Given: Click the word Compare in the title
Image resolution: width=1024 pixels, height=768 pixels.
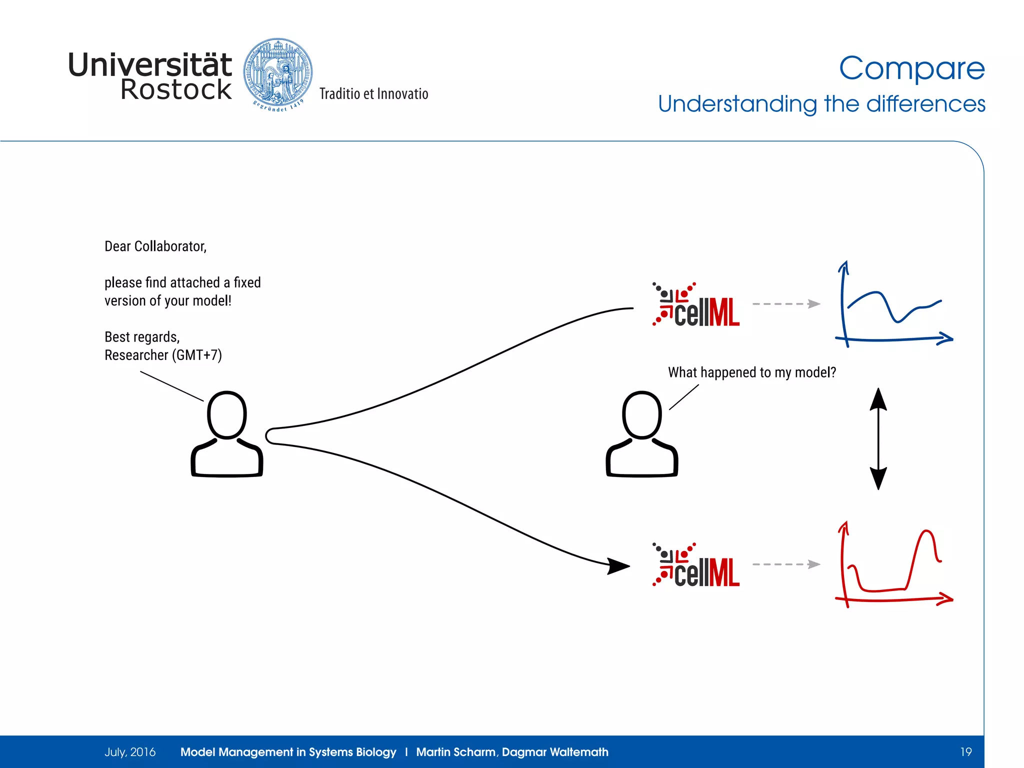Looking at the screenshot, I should click(911, 68).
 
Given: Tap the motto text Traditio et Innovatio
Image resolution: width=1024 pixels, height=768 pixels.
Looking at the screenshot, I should click(373, 94).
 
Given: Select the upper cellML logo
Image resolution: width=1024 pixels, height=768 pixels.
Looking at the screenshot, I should click(696, 305).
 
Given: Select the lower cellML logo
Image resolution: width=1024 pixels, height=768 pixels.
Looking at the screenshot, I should click(696, 565).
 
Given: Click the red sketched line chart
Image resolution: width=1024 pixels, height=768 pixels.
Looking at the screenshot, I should click(893, 565).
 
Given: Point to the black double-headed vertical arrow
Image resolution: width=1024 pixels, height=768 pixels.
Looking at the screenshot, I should click(878, 438).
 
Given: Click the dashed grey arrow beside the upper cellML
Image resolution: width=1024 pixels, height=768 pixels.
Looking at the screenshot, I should click(786, 303).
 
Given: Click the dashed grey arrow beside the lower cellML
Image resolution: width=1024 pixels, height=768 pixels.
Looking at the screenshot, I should click(786, 564).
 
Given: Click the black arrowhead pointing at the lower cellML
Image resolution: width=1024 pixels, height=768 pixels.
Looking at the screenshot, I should click(618, 566).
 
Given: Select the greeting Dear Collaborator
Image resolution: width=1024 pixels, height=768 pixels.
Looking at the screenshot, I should click(155, 246).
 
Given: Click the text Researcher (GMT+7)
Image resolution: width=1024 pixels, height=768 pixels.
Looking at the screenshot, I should click(163, 355).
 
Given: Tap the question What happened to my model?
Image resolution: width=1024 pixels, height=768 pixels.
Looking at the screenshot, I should click(752, 372).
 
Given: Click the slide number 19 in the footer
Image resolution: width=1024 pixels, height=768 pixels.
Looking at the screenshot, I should click(965, 752).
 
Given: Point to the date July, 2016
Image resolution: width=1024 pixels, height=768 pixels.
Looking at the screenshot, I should click(130, 752).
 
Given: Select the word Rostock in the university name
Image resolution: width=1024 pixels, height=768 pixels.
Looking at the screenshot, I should click(176, 90).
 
